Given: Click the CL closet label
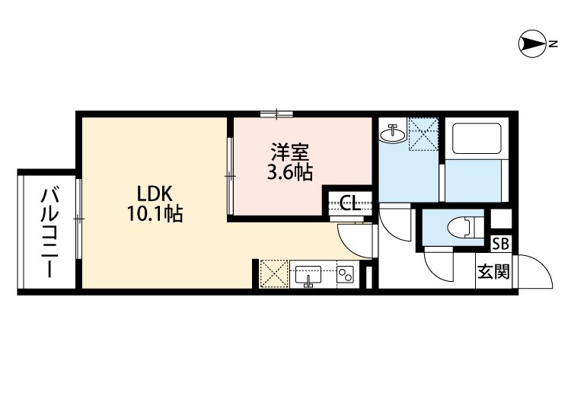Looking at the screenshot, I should [349, 203].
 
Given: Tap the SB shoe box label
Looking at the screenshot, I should [501, 244].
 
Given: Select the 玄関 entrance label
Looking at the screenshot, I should [493, 270].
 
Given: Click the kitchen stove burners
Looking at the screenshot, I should [346, 274].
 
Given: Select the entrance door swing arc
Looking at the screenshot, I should [538, 273].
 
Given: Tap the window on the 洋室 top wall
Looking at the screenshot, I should [276, 114].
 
